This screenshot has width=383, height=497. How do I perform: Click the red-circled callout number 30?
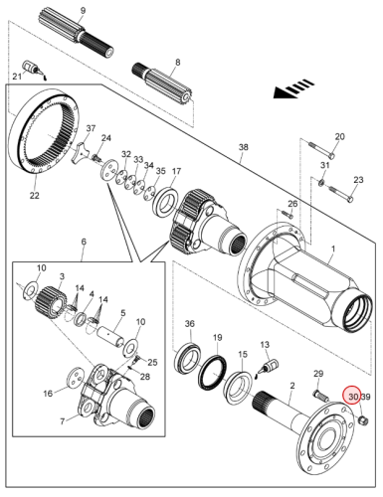(353, 397)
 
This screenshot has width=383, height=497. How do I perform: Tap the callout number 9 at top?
(83, 11)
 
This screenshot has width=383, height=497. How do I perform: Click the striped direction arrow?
(293, 88)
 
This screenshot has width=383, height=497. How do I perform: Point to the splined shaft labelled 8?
(162, 82)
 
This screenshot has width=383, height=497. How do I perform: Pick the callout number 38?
(244, 147)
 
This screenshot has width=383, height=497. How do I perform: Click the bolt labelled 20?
(322, 150)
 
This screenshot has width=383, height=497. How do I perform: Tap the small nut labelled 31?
(321, 182)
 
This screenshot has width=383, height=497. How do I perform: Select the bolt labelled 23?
(341, 195)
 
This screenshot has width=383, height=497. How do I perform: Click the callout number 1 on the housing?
(333, 248)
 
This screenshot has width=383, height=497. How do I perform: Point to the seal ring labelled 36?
(187, 358)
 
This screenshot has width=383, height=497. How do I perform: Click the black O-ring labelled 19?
(212, 374)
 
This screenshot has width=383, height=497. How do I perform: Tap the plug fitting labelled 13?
(270, 367)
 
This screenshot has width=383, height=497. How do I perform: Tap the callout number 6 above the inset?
(84, 242)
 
